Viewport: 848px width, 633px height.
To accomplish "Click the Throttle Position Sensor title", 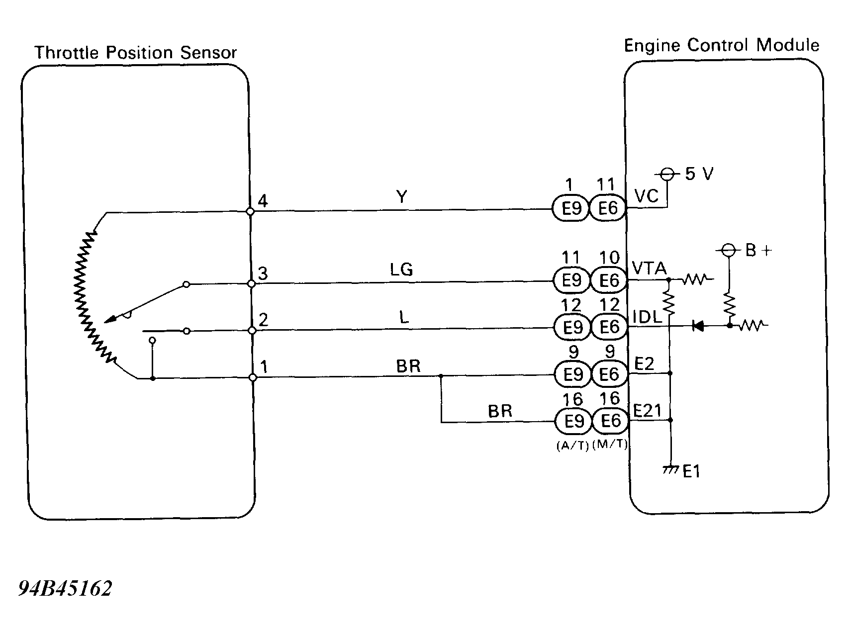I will (135, 53).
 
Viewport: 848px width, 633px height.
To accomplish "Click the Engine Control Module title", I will (721, 46).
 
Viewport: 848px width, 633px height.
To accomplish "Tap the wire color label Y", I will (402, 197).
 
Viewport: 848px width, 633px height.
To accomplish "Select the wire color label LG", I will (401, 270).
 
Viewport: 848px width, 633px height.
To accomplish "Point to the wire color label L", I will (404, 317).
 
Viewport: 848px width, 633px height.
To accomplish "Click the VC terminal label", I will (647, 196).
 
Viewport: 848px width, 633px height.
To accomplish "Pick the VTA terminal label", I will (649, 269).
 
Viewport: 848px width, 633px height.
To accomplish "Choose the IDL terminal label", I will (647, 317).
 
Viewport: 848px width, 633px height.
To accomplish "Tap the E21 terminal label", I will (647, 411).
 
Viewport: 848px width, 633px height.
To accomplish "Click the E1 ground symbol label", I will (691, 471).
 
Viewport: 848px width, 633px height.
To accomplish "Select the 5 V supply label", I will (699, 174).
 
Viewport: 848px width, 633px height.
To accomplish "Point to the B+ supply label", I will (758, 251).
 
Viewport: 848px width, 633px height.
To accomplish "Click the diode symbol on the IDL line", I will (697, 326).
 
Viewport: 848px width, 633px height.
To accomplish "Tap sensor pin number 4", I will (263, 201).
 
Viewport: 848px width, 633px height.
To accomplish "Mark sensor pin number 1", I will (264, 367).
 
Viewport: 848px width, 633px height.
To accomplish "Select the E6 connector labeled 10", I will (608, 281).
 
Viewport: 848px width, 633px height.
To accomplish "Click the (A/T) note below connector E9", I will (572, 446).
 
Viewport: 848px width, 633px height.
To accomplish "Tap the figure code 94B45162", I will (65, 589).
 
